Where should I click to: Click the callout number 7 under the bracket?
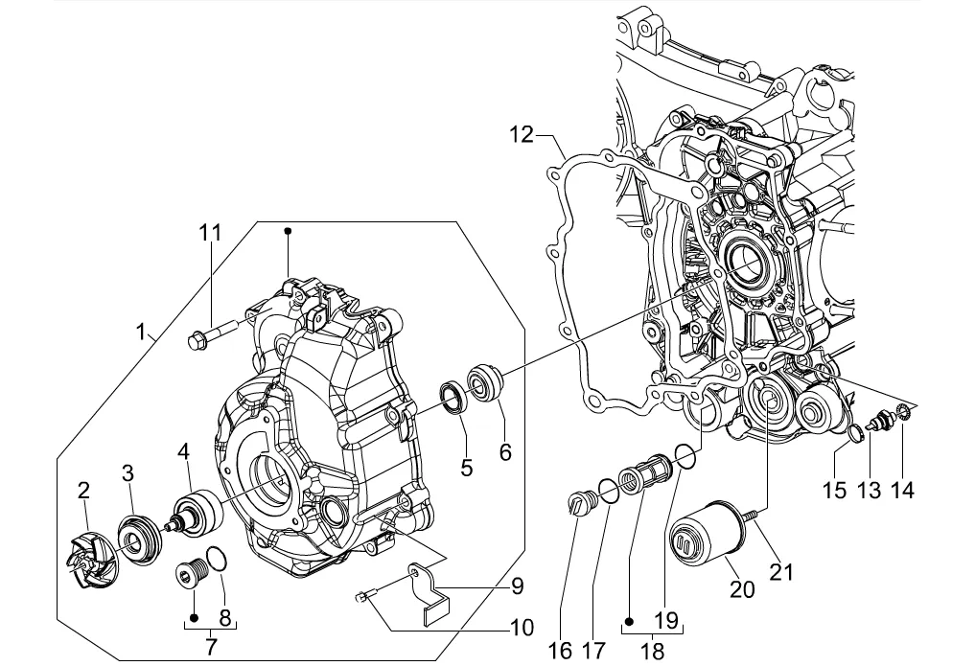click(x=211, y=647)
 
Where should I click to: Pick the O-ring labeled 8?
click(x=216, y=558)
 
